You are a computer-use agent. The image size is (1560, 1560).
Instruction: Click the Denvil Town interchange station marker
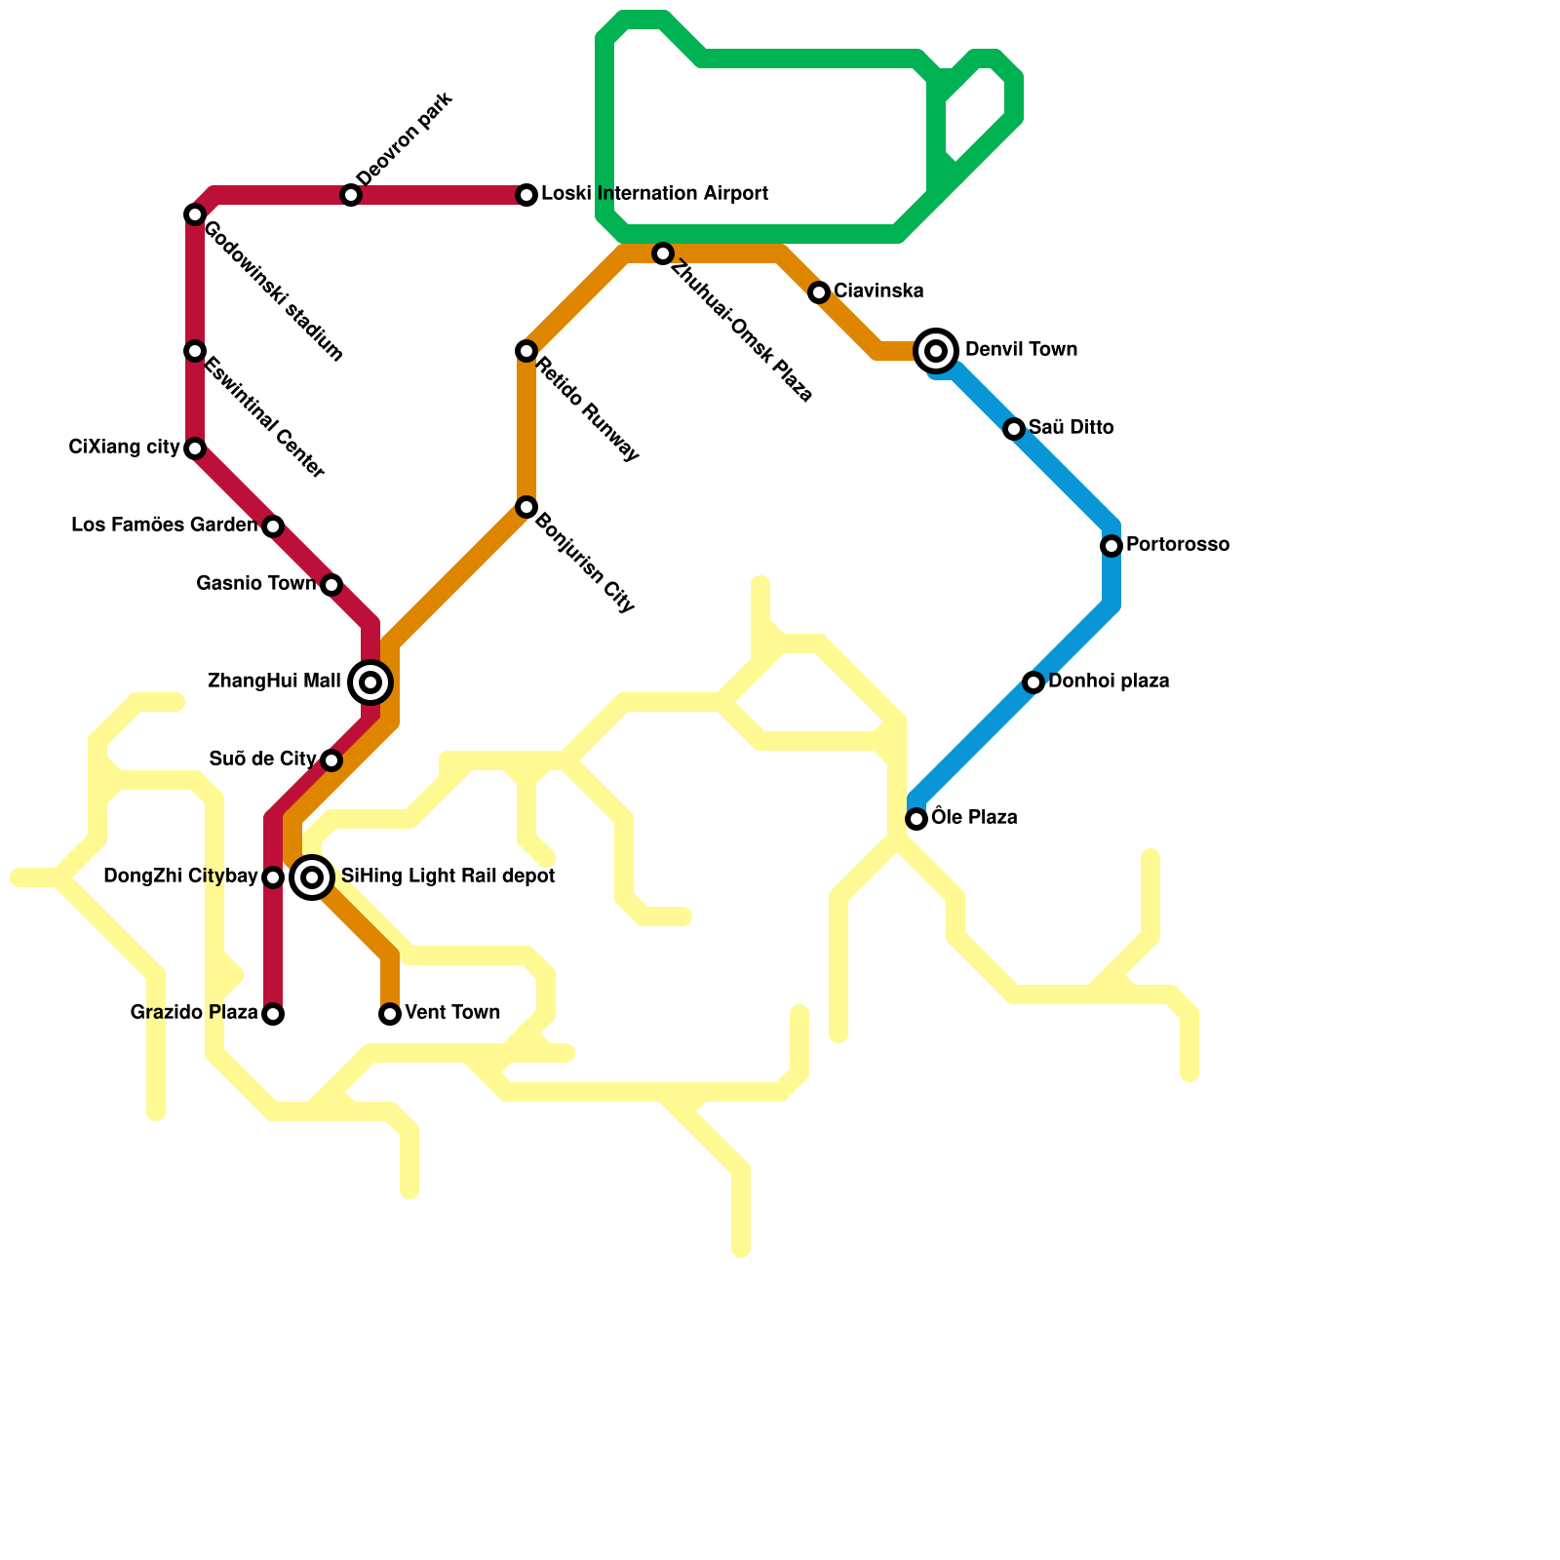tap(936, 351)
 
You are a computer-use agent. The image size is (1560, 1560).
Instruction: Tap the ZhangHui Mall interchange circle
tap(370, 682)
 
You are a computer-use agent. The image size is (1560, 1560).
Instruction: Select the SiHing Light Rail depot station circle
tap(312, 877)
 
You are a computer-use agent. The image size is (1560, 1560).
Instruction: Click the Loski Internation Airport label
tap(654, 194)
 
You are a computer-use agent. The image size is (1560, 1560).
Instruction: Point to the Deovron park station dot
tap(351, 195)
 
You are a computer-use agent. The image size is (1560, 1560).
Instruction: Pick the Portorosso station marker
tap(1111, 546)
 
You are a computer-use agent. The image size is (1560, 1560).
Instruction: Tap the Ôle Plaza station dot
tap(916, 819)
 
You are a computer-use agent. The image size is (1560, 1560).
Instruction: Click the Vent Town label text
tap(452, 1013)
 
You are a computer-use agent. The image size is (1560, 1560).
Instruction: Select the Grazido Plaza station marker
tap(273, 1014)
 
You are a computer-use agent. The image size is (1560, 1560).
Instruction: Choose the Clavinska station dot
tap(819, 292)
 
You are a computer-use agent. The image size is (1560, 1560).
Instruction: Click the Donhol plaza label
tap(1109, 682)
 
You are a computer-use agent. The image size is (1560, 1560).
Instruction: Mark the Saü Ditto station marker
tap(1014, 429)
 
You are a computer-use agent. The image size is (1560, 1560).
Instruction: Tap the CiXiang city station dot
tap(195, 448)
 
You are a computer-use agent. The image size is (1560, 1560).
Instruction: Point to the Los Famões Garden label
tap(164, 526)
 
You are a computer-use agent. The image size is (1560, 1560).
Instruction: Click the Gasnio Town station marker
tap(331, 585)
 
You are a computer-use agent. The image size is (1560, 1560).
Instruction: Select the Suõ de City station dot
tap(331, 760)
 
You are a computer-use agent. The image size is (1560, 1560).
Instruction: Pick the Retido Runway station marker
tap(526, 351)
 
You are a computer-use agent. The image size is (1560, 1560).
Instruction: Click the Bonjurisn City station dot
tap(526, 507)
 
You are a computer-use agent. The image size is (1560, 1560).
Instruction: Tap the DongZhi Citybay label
tap(180, 877)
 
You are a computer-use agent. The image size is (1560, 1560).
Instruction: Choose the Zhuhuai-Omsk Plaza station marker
tap(663, 253)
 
